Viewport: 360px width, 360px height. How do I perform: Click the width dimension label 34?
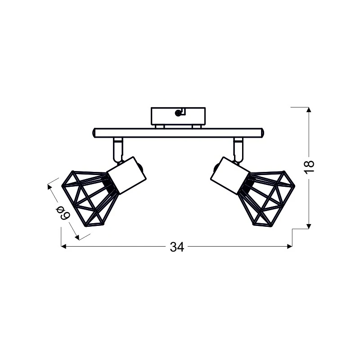177,247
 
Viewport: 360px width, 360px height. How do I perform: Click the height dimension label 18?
309,167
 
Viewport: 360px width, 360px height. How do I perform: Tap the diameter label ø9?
63,212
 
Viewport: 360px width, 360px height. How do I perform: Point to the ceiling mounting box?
178,116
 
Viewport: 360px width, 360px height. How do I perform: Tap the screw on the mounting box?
178,113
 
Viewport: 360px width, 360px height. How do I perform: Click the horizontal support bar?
178,133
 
